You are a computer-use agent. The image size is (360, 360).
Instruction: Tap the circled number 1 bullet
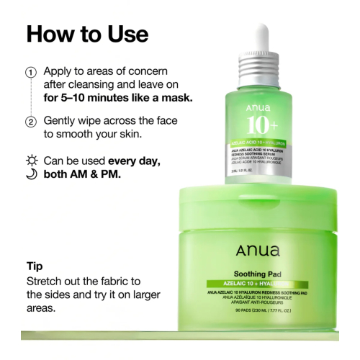30,73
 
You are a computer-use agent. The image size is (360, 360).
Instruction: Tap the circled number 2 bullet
30,122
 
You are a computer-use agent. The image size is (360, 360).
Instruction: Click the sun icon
30,159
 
